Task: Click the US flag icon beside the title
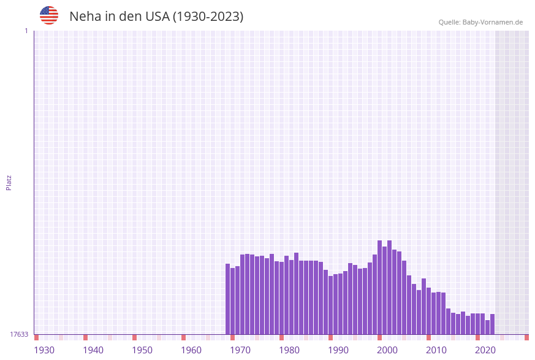click(x=49, y=15)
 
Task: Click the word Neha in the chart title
click(x=85, y=17)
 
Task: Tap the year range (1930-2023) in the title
click(x=208, y=17)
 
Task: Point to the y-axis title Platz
click(x=9, y=182)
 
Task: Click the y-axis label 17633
click(x=19, y=334)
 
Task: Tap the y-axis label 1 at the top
click(x=26, y=31)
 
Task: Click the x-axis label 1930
click(x=44, y=350)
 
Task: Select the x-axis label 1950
click(x=142, y=350)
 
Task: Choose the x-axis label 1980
click(x=289, y=350)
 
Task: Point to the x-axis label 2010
click(x=436, y=350)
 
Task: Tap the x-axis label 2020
click(x=485, y=350)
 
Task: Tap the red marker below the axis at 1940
click(x=86, y=337)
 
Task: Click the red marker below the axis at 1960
click(x=184, y=337)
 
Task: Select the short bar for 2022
click(x=488, y=327)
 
